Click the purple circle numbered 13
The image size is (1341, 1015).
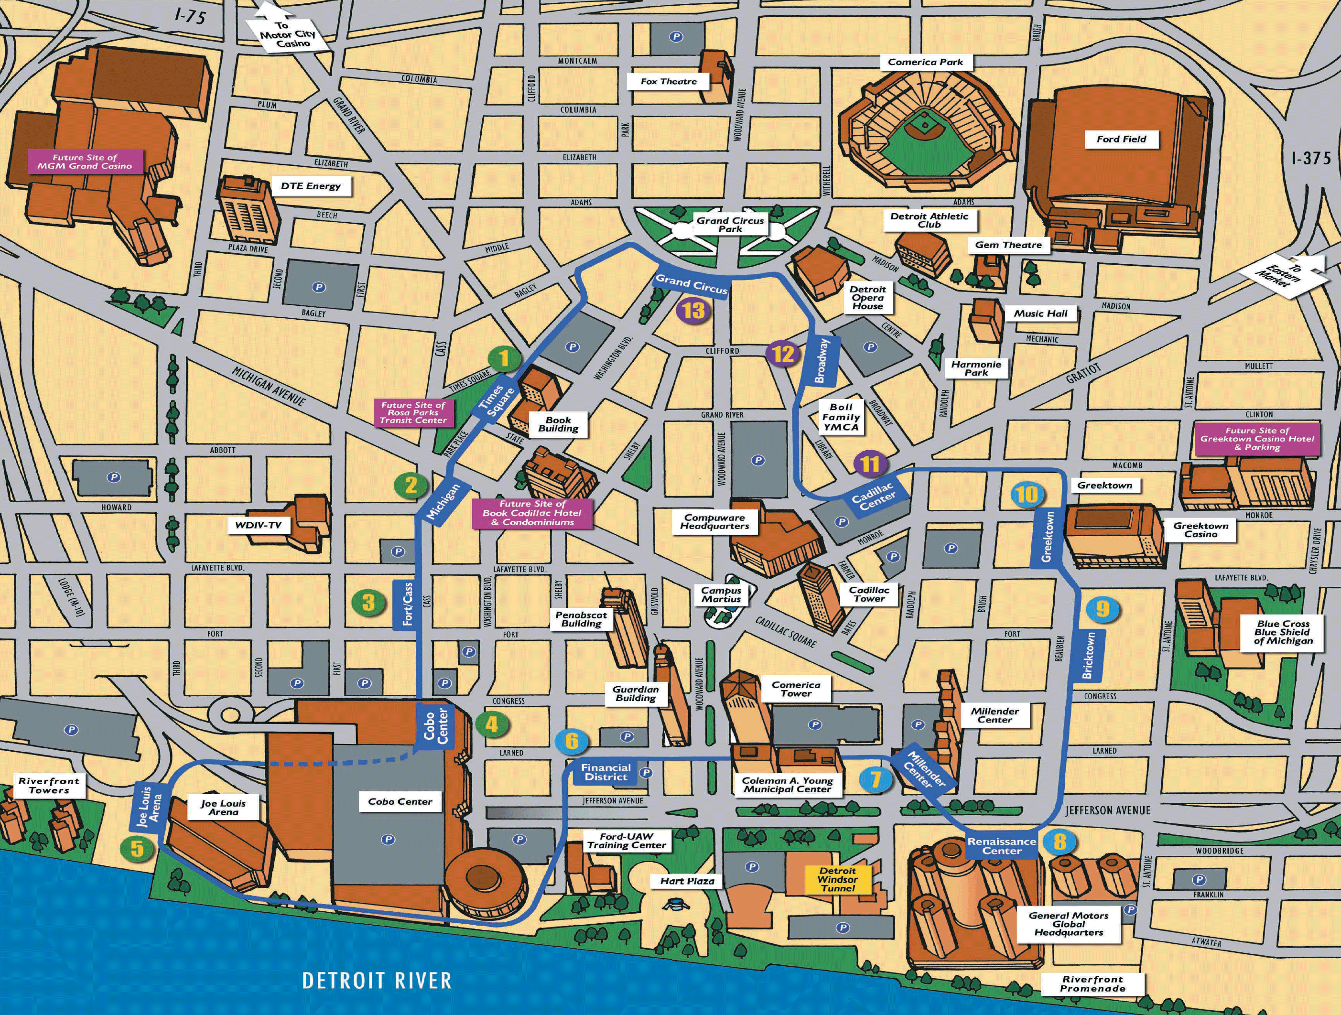point(693,311)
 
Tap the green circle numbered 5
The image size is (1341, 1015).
point(138,848)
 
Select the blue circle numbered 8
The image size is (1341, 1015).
point(1059,841)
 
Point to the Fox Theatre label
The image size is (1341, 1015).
point(669,81)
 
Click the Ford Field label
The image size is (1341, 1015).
point(1121,139)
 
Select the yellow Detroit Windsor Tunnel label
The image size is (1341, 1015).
point(838,879)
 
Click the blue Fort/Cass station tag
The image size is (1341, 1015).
point(407,605)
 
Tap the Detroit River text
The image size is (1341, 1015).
point(377,981)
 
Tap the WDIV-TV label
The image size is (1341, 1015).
point(258,525)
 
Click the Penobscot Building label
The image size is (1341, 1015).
point(581,618)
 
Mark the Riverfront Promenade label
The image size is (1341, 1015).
point(1092,983)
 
